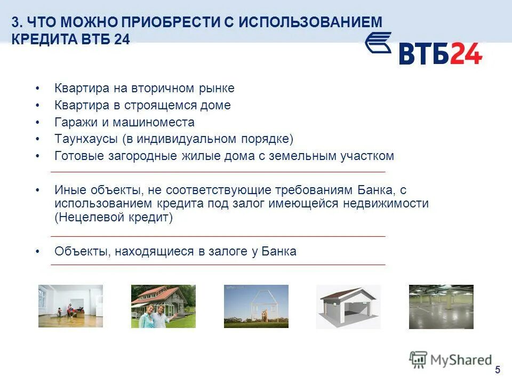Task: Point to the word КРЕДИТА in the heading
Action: [x=46, y=40]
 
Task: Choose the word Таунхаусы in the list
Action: [x=86, y=139]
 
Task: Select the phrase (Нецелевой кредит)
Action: [x=114, y=218]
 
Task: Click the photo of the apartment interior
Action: [x=70, y=306]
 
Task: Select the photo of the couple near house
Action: [x=163, y=306]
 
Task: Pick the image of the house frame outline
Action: [x=256, y=306]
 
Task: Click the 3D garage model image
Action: [x=348, y=307]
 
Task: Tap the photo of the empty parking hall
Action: [x=441, y=307]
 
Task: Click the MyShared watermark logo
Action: [x=450, y=360]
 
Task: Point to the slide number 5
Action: [x=498, y=370]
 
